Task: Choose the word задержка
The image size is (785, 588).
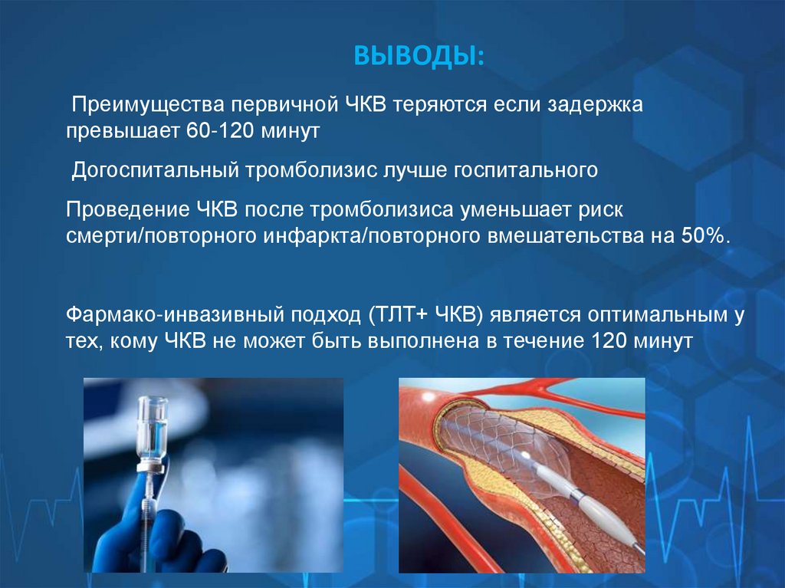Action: pyautogui.click(x=593, y=104)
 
